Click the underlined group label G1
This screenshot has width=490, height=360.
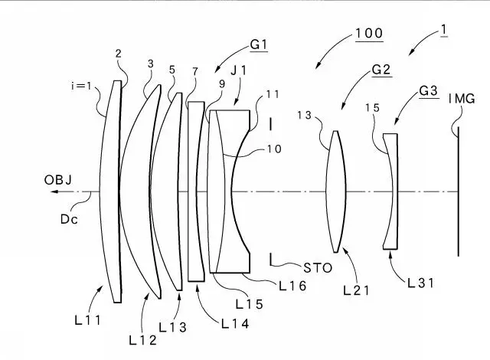[x=258, y=46]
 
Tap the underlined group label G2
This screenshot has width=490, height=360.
[x=381, y=69]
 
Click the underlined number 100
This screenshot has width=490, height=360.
[x=368, y=34]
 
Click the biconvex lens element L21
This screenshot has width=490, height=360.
[x=335, y=191]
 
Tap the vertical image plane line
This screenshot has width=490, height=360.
[x=459, y=191]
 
